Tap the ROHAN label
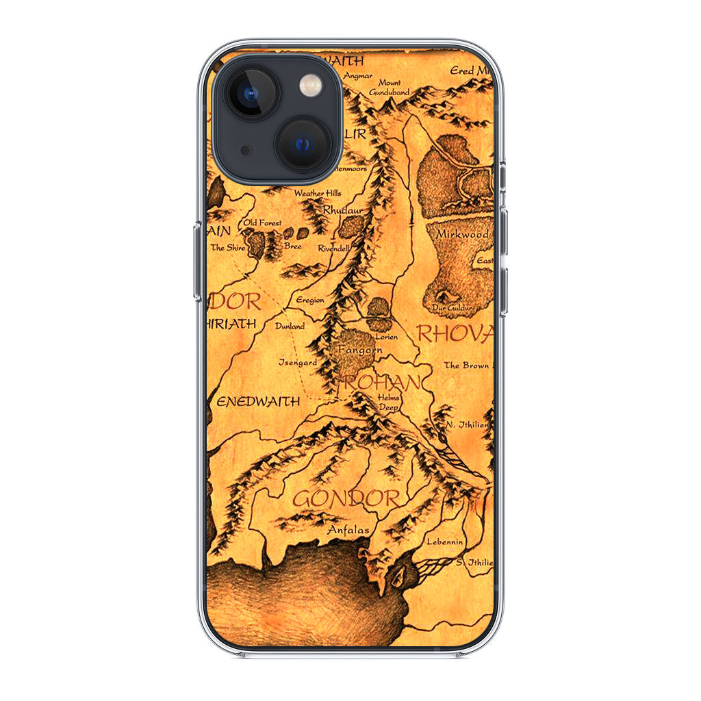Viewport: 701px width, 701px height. click(381, 383)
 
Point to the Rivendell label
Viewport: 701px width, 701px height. click(334, 248)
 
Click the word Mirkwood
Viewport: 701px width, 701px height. click(463, 235)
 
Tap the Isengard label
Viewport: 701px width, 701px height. click(297, 361)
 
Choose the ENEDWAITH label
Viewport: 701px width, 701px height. click(258, 402)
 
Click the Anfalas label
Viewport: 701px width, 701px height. click(348, 530)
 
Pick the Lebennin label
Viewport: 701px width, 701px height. click(444, 541)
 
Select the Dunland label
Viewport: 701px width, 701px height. click(290, 326)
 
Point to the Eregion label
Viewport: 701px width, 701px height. click(310, 300)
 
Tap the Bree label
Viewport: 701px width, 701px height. click(292, 246)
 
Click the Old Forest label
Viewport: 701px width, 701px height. click(262, 222)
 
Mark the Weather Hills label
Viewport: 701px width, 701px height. click(317, 194)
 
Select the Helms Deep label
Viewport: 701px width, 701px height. click(388, 402)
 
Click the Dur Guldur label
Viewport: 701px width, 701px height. click(453, 309)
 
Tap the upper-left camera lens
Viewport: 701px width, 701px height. click(251, 92)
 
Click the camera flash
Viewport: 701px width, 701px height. click(309, 86)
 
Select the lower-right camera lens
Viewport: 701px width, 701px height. click(303, 143)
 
